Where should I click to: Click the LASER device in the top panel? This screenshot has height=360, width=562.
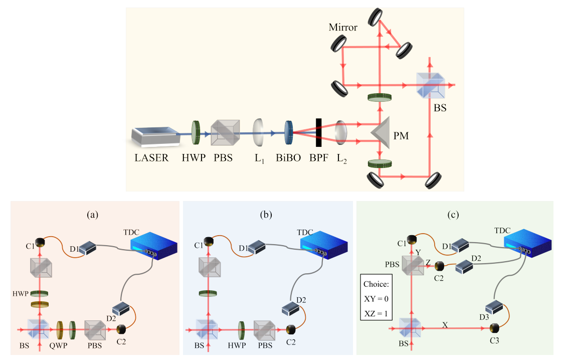154,137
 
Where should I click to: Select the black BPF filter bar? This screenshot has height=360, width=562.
318,133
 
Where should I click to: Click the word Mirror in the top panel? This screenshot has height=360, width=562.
343,28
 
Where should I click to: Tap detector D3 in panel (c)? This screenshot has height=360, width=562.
495,306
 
